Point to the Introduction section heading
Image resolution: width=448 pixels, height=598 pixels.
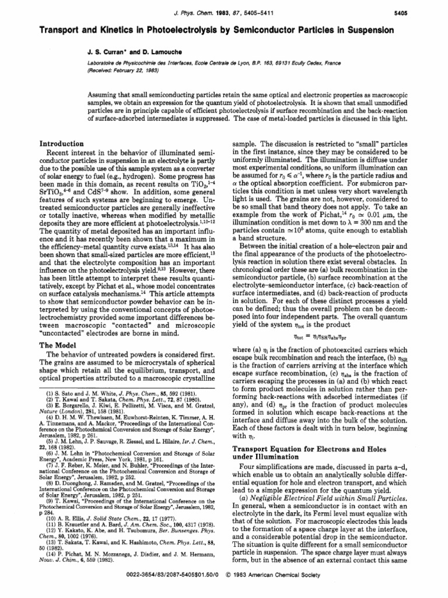61,144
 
